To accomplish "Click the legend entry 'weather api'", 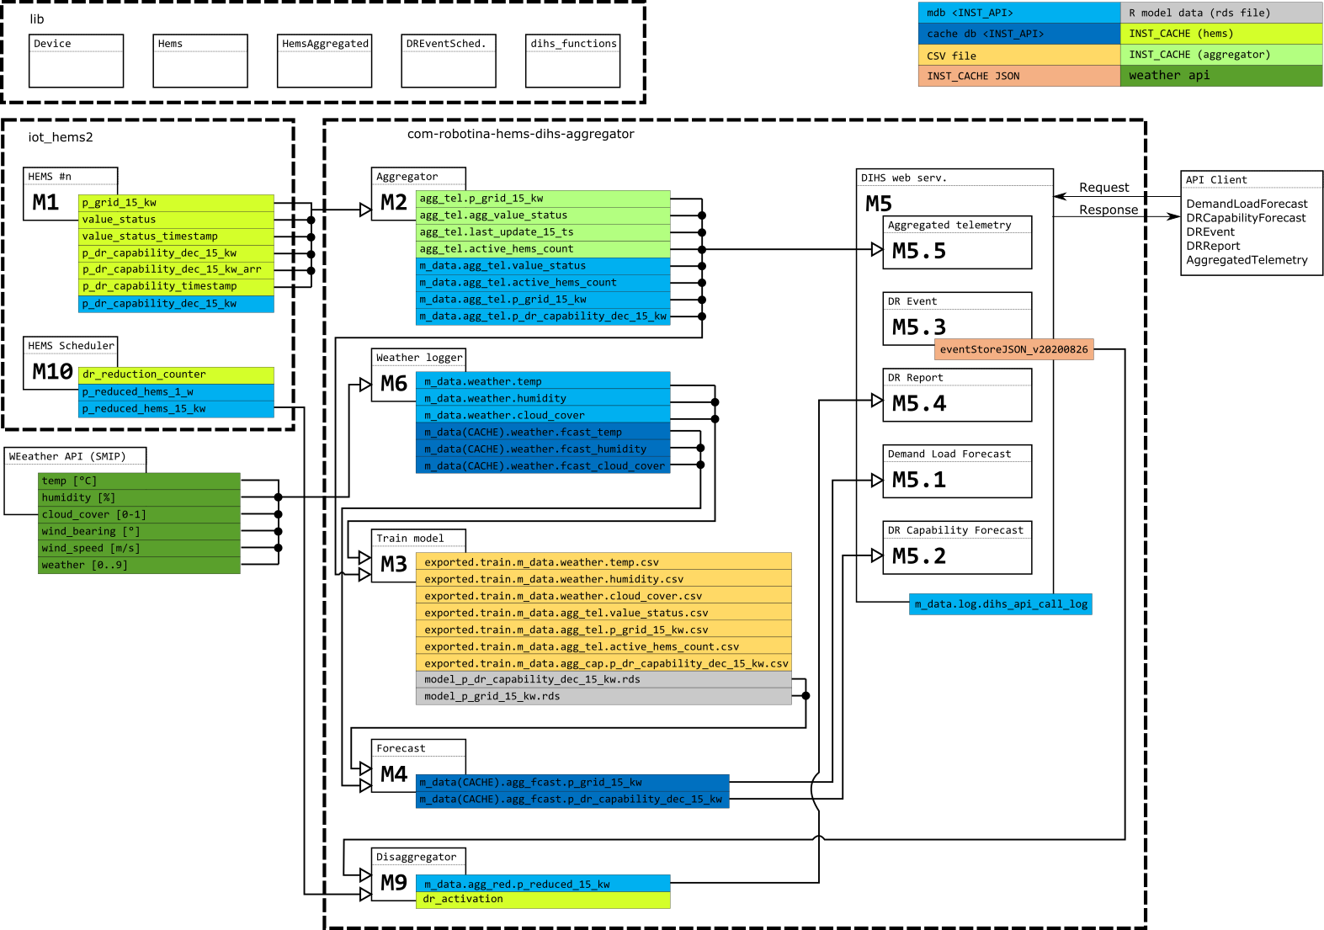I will coord(1220,76).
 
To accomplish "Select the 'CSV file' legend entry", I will coord(1018,56).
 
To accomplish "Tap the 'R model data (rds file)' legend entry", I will coord(1220,13).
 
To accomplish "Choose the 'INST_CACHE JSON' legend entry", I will coord(1018,76).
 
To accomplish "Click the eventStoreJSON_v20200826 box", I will coord(1013,349).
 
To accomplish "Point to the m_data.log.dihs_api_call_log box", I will coord(1001,604).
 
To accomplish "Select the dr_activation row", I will coord(543,900).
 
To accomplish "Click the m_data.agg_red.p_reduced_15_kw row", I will coord(543,884).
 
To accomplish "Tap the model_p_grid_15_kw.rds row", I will coord(604,696).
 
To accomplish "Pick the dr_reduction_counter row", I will coord(176,375).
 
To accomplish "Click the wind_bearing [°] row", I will coord(139,531).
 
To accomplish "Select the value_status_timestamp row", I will coord(176,236).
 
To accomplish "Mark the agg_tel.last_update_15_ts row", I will coord(543,232).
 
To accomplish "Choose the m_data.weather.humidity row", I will coord(543,398).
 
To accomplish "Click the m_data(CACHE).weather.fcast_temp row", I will coord(543,432).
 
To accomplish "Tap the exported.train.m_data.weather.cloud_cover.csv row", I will coord(604,596).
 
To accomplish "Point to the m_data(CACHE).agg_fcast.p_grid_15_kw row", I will coord(572,783).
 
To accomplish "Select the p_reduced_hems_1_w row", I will coord(176,392).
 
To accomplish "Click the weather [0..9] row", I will coord(139,565).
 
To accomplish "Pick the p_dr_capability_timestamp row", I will coord(176,286).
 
